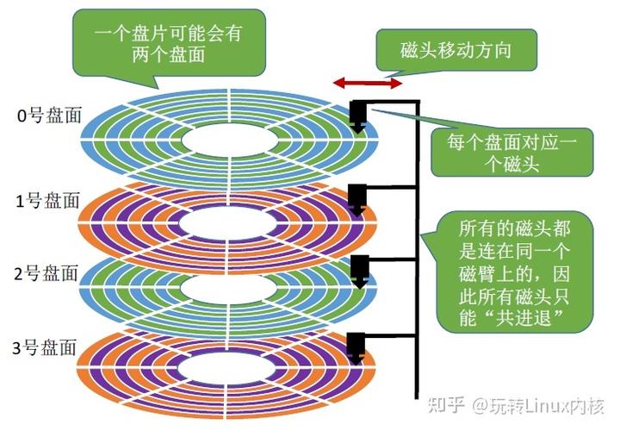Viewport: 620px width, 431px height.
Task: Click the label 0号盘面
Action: [48, 116]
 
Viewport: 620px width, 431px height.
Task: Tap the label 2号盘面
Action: [48, 277]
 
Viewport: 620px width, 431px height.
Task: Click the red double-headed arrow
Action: [368, 83]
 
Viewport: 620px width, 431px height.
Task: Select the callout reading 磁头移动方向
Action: [456, 50]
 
